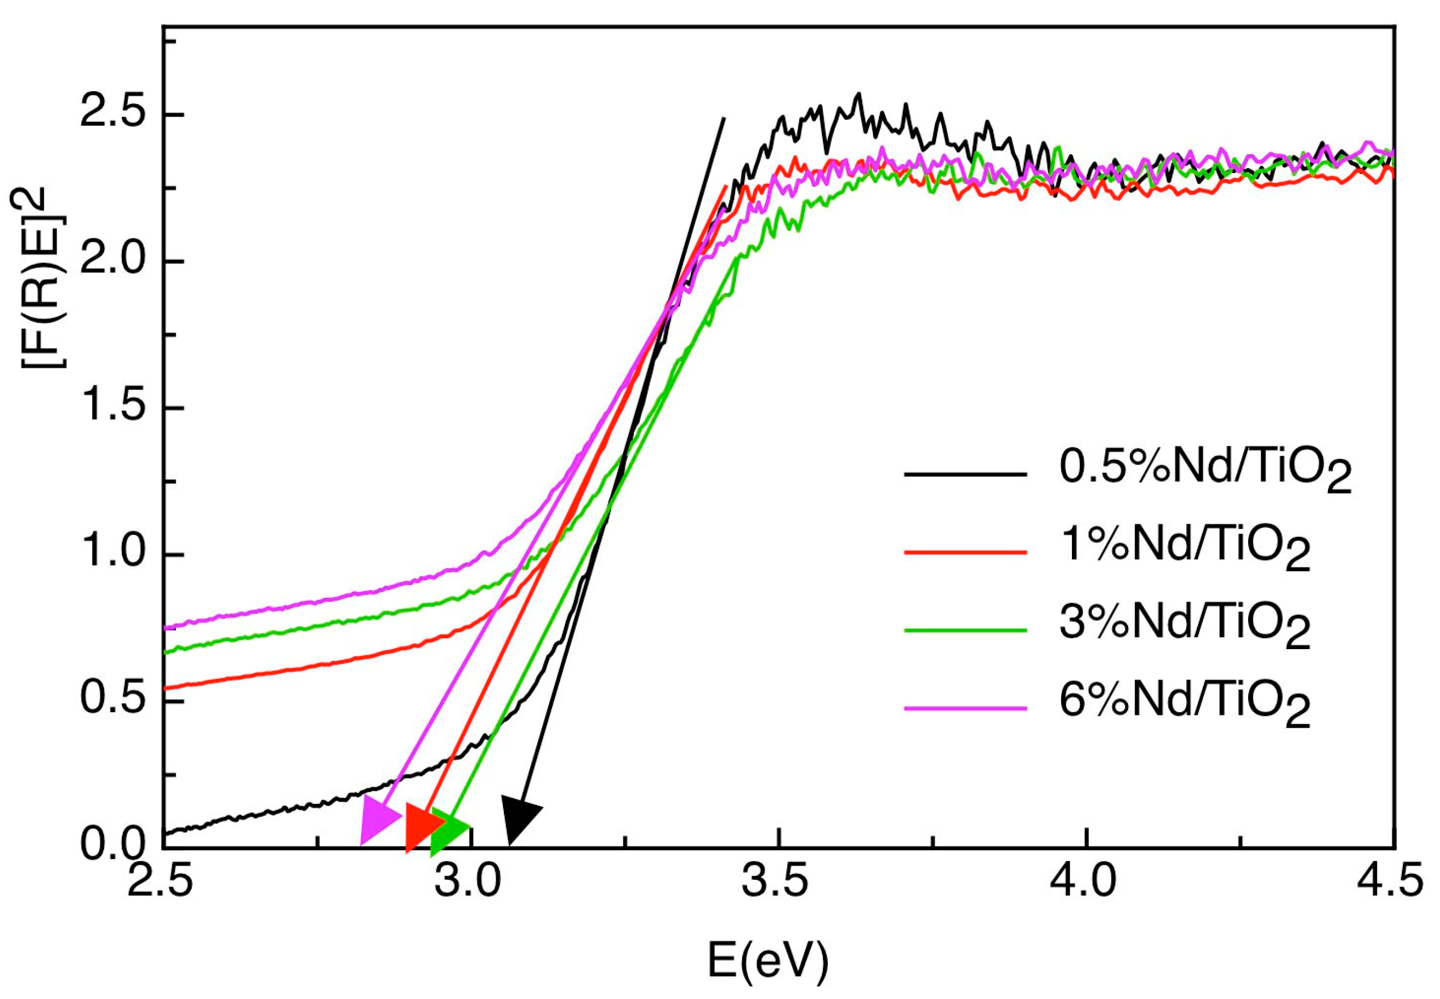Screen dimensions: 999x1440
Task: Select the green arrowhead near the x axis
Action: point(447,829)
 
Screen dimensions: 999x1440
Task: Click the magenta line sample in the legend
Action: point(965,708)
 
